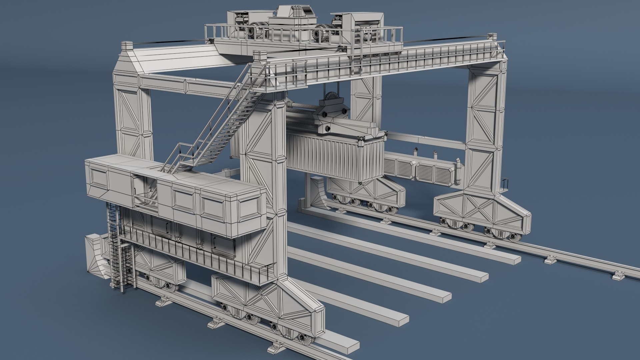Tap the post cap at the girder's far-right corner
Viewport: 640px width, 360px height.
pos(492,36)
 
